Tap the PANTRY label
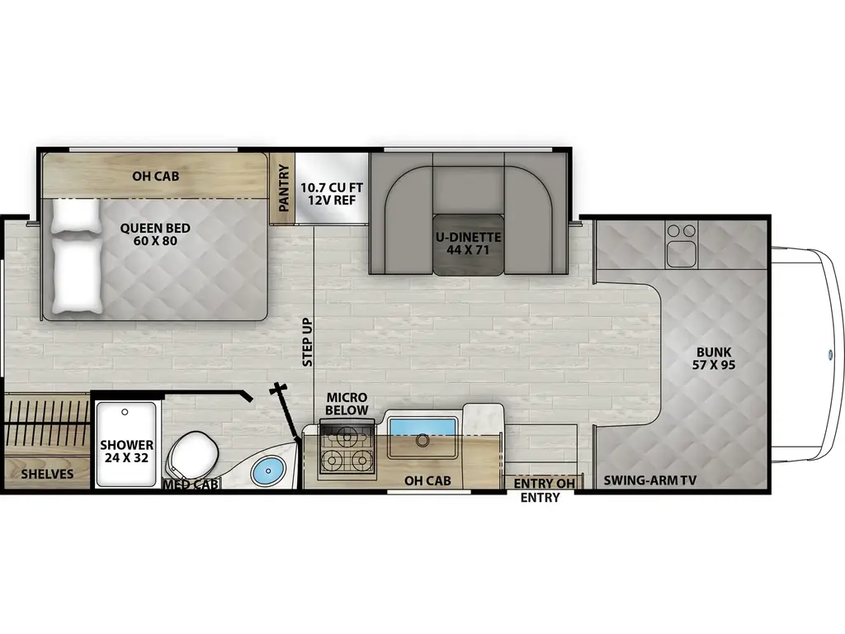click(x=284, y=188)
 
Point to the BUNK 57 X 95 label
click(x=714, y=357)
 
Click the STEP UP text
click(x=307, y=343)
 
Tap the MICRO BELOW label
click(x=346, y=404)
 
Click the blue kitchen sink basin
click(x=422, y=427)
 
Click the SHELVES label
click(x=47, y=474)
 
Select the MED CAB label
click(x=191, y=485)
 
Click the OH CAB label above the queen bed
click(x=156, y=176)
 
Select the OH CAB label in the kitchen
click(x=427, y=480)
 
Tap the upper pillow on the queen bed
click(x=76, y=217)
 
